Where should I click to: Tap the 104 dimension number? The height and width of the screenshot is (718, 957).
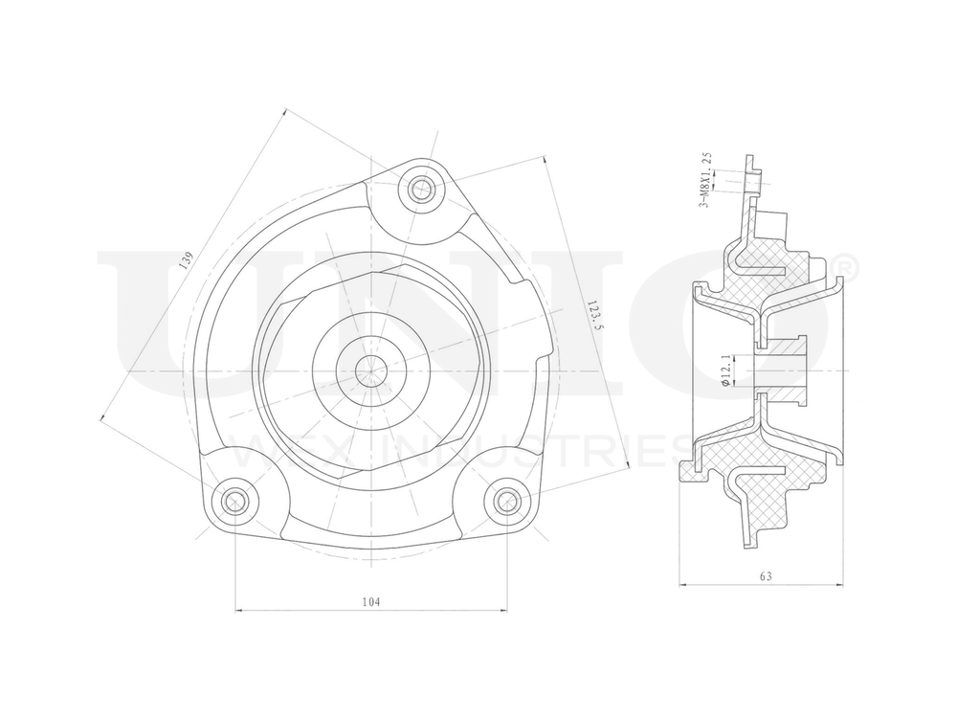[x=371, y=601]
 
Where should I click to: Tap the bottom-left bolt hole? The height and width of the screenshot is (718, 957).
[x=234, y=500]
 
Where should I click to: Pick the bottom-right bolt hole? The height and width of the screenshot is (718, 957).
[x=508, y=500]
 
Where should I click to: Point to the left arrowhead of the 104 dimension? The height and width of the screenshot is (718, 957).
[x=239, y=610]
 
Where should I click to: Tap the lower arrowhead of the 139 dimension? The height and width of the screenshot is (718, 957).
[x=102, y=415]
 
